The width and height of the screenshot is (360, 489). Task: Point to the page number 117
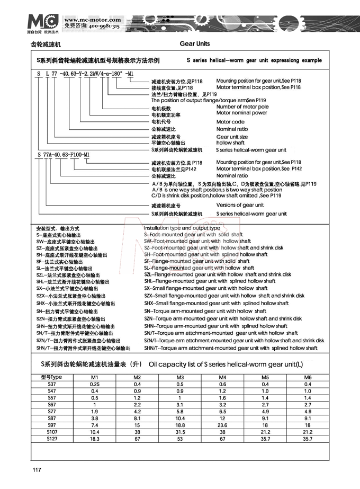tap(37, 470)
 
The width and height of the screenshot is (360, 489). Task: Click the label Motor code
tap(230, 122)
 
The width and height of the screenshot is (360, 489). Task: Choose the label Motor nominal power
tap(242, 113)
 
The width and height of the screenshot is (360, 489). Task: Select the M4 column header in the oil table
tap(222, 377)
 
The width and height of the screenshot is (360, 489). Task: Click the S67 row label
tap(51, 404)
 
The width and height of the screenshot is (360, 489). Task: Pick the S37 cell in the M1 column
tap(95, 384)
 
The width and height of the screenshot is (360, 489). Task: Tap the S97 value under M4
tap(222, 425)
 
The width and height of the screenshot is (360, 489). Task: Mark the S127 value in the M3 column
tap(180, 439)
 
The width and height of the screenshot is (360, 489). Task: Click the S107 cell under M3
tap(180, 432)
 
